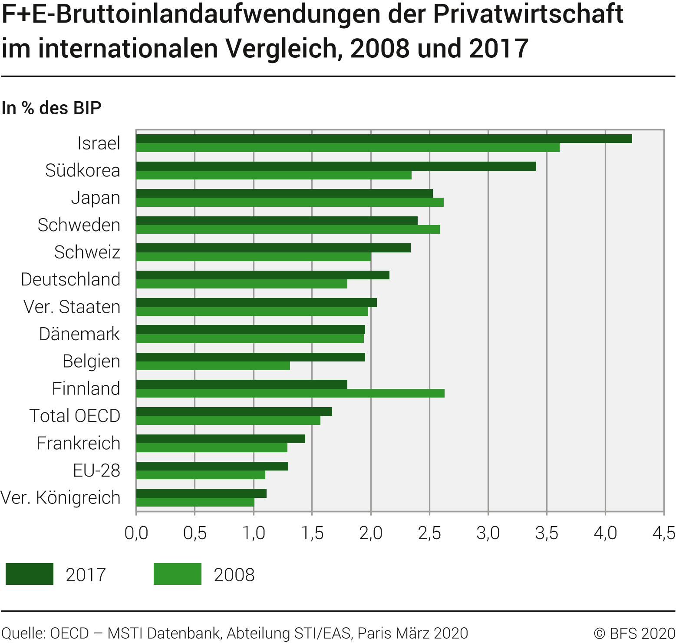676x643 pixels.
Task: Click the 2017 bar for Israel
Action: pyautogui.click(x=384, y=139)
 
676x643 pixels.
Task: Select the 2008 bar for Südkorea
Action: pyautogui.click(x=274, y=175)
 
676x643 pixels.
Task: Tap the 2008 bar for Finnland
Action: pyautogui.click(x=290, y=393)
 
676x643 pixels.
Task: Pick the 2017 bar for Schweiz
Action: pyautogui.click(x=273, y=248)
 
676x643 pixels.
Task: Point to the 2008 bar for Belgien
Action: pyautogui.click(x=213, y=366)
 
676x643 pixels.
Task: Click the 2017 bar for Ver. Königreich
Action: pyautogui.click(x=201, y=493)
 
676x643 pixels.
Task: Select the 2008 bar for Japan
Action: pyautogui.click(x=290, y=202)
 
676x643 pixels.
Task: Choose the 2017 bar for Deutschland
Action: pyautogui.click(x=263, y=275)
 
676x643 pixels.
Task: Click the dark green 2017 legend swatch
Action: pyautogui.click(x=30, y=574)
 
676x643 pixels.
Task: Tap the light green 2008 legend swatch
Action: pyautogui.click(x=177, y=574)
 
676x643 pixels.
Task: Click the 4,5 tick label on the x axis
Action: pyautogui.click(x=664, y=533)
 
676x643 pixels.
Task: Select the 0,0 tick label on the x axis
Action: pyautogui.click(x=136, y=533)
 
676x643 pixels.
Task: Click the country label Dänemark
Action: pyautogui.click(x=79, y=334)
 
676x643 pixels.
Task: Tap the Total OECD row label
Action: pyautogui.click(x=75, y=416)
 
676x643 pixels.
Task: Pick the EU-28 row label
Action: pyautogui.click(x=96, y=471)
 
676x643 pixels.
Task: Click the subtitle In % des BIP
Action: pyautogui.click(x=51, y=108)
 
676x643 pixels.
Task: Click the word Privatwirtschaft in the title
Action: pyautogui.click(x=528, y=14)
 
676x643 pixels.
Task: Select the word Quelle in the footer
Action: pyautogui.click(x=23, y=633)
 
